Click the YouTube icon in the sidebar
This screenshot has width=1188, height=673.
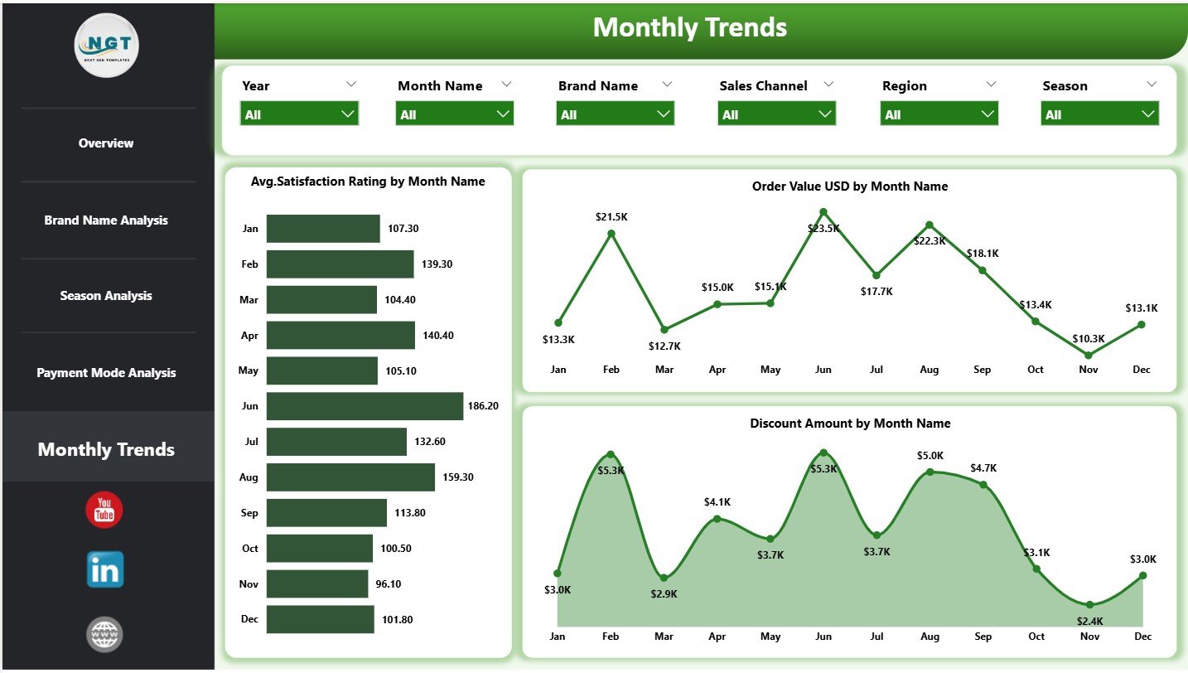point(104,510)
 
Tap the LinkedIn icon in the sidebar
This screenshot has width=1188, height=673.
point(105,570)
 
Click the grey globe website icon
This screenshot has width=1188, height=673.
point(105,634)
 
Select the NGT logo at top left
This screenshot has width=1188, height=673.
point(107,46)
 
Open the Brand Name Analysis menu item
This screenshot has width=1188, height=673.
point(106,220)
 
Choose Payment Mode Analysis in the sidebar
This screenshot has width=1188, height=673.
point(106,373)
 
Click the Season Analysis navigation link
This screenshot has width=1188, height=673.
point(106,296)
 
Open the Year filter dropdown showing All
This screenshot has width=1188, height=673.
point(299,114)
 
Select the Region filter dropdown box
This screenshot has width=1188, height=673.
point(939,114)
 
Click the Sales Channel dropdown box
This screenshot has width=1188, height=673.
point(776,114)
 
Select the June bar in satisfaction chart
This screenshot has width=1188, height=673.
point(365,406)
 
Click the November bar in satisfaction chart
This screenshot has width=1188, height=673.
point(317,583)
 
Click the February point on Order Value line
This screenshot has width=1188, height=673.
point(611,234)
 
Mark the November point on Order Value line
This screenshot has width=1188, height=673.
point(1089,356)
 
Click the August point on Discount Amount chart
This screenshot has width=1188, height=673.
point(930,472)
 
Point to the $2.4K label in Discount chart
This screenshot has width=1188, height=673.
point(1089,621)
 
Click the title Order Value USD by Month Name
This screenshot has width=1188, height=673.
point(849,186)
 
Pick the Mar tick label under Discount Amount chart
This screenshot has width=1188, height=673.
point(664,636)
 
